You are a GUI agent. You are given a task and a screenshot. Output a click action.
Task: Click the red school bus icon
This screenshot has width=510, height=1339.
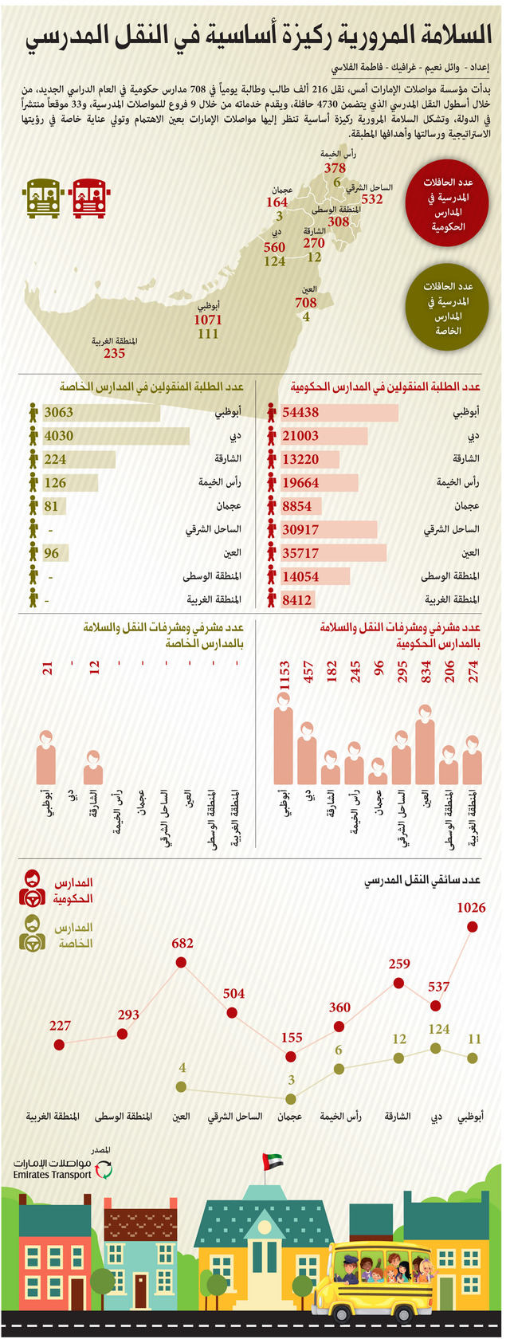click(89, 198)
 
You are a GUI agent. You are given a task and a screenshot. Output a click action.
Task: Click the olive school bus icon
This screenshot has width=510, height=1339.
click(44, 198)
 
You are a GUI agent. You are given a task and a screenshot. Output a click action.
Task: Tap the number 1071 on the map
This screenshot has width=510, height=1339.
click(208, 320)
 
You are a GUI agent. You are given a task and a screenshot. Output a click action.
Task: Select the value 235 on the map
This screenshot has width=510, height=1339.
click(114, 353)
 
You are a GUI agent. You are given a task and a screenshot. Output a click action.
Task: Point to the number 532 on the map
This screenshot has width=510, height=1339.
click(372, 199)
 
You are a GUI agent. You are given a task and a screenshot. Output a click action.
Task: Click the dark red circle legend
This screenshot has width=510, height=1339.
click(447, 202)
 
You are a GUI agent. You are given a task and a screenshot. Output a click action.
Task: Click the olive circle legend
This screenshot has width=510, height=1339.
click(447, 308)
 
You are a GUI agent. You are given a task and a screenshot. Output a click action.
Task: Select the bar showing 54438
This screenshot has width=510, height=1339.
click(339, 413)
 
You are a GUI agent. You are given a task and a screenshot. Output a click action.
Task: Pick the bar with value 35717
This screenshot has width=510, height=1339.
click(334, 553)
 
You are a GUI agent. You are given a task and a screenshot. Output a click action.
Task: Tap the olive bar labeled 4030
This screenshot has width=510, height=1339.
click(116, 436)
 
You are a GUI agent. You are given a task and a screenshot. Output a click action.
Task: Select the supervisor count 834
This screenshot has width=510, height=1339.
click(426, 671)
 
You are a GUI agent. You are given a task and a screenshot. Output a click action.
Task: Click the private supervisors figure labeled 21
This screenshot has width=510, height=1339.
click(46, 757)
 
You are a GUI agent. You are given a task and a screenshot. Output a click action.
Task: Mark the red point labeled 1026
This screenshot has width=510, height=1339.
click(473, 927)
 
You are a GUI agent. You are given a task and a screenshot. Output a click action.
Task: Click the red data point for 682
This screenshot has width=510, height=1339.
click(181, 963)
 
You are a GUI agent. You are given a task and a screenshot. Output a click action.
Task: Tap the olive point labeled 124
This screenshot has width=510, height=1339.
click(436, 1049)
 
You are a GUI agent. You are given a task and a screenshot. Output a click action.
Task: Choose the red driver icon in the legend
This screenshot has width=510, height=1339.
click(33, 889)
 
